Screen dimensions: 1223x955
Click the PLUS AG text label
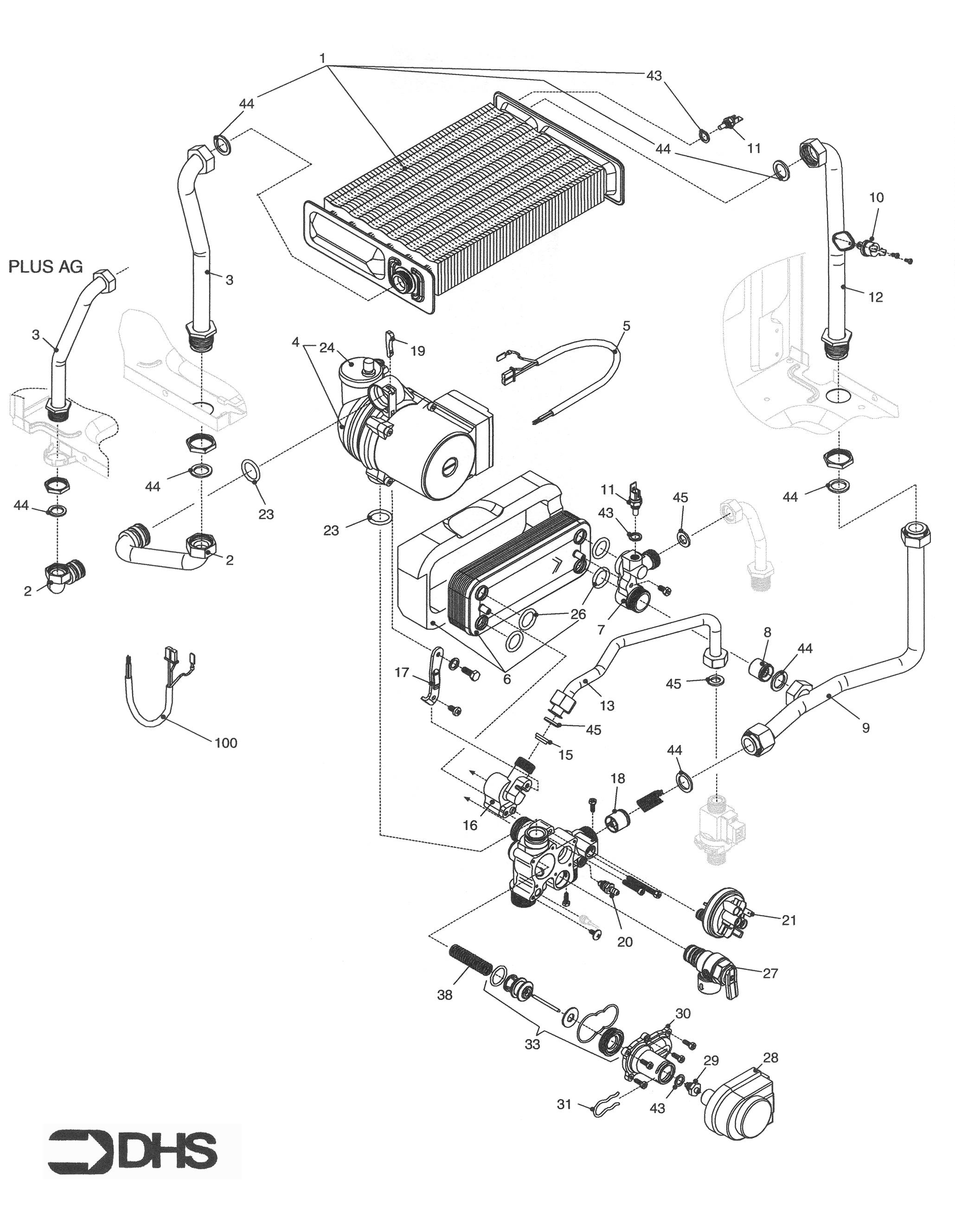pos(45,267)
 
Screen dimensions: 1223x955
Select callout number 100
pos(226,743)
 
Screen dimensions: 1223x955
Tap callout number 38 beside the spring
pos(445,995)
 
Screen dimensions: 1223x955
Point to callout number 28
pos(771,1058)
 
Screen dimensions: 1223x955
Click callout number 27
pos(771,973)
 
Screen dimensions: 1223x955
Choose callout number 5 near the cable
pos(626,326)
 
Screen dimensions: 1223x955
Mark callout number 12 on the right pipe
pos(876,297)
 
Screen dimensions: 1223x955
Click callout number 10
pos(877,197)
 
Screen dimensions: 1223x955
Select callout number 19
pos(417,351)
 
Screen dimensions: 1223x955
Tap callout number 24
pos(327,348)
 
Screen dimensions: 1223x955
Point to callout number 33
pos(532,1045)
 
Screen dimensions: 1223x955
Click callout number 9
pos(865,728)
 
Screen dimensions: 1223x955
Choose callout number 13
pos(607,706)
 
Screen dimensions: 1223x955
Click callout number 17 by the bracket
pos(402,673)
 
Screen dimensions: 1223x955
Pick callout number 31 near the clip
pos(564,1104)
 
